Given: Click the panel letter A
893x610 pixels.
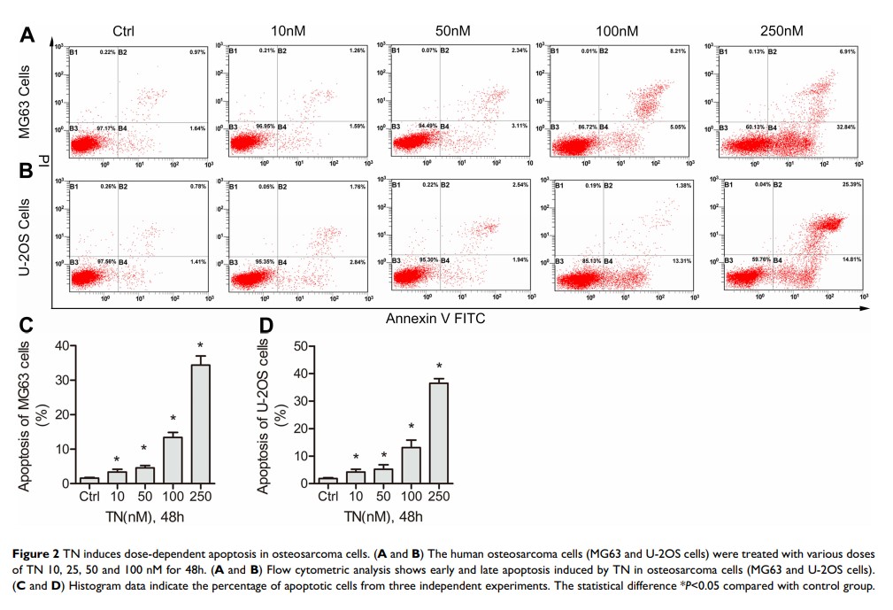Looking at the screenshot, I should point(28,35).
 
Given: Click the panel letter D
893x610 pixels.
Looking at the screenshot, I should point(266,327).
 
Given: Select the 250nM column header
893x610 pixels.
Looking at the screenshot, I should point(781,31).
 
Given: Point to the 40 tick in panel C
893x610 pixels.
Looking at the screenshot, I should point(59,345).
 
